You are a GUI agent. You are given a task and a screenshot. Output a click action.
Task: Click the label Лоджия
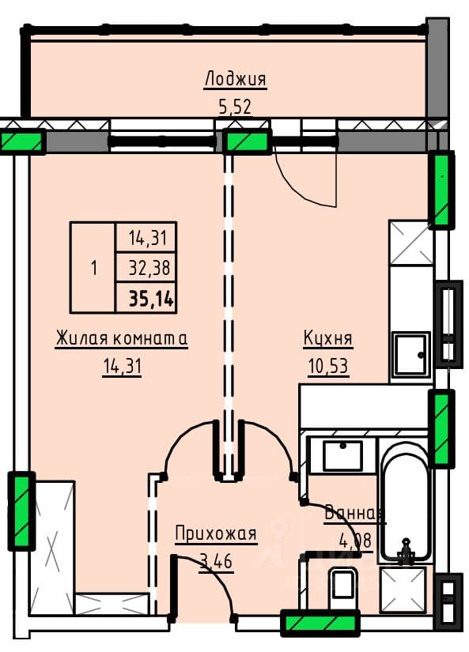click(x=235, y=79)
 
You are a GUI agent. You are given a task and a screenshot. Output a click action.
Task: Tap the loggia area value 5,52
click(x=235, y=107)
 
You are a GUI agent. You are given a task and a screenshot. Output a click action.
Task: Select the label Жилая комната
click(x=122, y=338)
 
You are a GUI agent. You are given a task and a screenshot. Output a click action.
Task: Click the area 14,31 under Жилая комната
click(x=122, y=367)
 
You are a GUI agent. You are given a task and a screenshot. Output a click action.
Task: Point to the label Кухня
click(x=328, y=338)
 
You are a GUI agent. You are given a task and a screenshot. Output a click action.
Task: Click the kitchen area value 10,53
click(x=328, y=367)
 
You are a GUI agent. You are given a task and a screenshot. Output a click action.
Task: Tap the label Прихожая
click(x=216, y=533)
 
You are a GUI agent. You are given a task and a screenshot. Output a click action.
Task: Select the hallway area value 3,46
click(x=216, y=561)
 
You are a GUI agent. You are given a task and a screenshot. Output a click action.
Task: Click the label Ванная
click(x=355, y=514)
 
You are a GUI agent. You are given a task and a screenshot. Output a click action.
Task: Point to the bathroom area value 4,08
click(x=355, y=541)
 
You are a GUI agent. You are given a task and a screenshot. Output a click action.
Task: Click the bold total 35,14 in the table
click(x=151, y=298)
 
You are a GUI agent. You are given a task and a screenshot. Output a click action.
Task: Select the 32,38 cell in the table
click(x=149, y=268)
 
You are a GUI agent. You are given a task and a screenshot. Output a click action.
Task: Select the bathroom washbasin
click(x=342, y=456)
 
